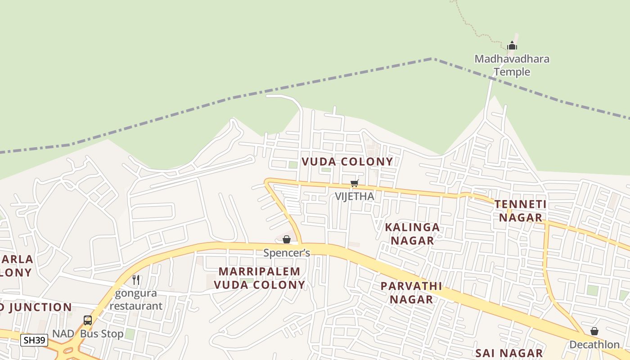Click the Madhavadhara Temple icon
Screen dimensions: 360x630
(512, 45)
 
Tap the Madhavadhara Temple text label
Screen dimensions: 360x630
(512, 65)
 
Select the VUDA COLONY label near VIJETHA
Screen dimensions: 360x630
(347, 162)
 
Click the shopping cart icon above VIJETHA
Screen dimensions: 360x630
(355, 183)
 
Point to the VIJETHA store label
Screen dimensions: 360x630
(355, 196)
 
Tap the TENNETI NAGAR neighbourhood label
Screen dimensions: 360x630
(520, 211)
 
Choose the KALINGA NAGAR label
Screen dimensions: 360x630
(412, 234)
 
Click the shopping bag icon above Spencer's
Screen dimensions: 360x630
(287, 239)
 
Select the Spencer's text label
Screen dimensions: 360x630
(287, 253)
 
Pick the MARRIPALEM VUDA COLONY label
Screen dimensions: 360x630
(259, 278)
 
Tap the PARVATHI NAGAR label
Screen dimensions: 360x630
(411, 292)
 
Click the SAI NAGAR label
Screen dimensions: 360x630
(509, 353)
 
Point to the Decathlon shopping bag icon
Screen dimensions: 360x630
(594, 331)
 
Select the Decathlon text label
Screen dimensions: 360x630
(594, 345)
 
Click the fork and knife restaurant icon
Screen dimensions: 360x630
(136, 279)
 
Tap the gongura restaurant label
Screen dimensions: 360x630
(136, 300)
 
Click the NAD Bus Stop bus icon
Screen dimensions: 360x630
(88, 320)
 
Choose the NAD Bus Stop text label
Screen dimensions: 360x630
(88, 334)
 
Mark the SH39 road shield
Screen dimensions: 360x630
(34, 340)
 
